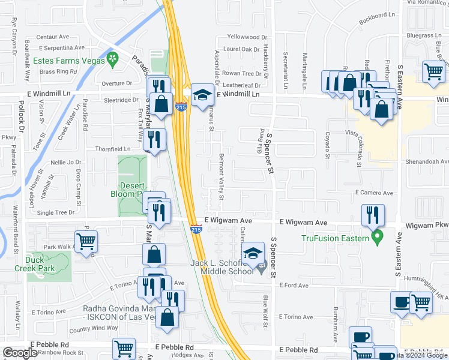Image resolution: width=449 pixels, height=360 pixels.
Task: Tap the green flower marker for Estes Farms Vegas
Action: [x=112, y=58]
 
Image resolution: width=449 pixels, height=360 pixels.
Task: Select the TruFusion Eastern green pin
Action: [x=377, y=238]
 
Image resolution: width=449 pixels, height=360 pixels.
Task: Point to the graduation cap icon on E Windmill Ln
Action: [x=203, y=94]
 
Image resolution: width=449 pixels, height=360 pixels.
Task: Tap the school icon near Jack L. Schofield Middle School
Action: [x=254, y=253]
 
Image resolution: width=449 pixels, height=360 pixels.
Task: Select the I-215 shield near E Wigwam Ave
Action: [x=196, y=229]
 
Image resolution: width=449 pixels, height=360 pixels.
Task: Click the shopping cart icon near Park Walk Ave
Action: [x=86, y=241]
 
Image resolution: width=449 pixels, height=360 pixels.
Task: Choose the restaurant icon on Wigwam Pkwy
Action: [x=372, y=214]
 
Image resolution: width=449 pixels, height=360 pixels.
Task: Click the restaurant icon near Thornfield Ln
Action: [x=155, y=140]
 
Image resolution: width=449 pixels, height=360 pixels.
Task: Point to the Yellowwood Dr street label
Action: [x=244, y=37]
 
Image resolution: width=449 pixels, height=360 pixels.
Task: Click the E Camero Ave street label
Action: [x=373, y=193]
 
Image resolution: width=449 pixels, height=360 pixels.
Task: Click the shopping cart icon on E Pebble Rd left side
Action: [x=124, y=348]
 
